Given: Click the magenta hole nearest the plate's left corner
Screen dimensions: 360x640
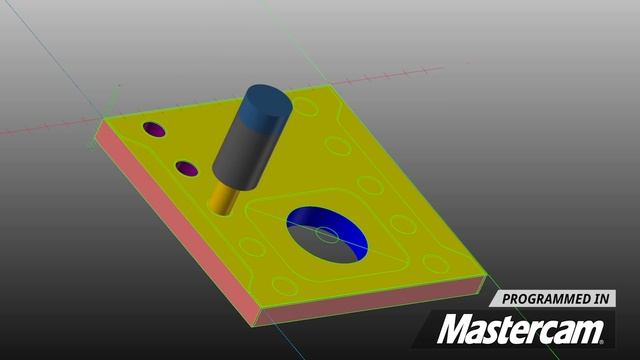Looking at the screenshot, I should tap(154, 130).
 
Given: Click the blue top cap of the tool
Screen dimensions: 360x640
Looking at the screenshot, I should tap(265, 103).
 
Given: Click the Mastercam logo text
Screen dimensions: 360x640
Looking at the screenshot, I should tap(524, 329).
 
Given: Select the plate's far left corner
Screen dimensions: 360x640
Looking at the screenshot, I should tap(100, 124).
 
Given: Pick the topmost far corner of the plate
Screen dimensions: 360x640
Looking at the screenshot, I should tap(327, 88).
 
